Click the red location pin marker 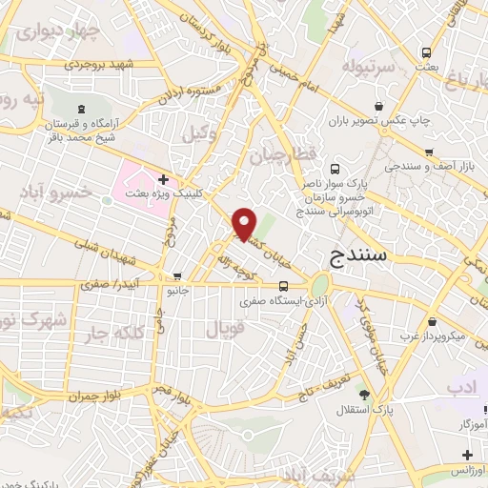[x=246, y=223]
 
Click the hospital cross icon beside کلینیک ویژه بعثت [x=164, y=178]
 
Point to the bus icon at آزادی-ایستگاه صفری [x=284, y=286]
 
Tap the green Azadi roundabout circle [x=319, y=284]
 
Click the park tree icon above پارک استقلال [x=363, y=393]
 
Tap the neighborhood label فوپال [x=225, y=331]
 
